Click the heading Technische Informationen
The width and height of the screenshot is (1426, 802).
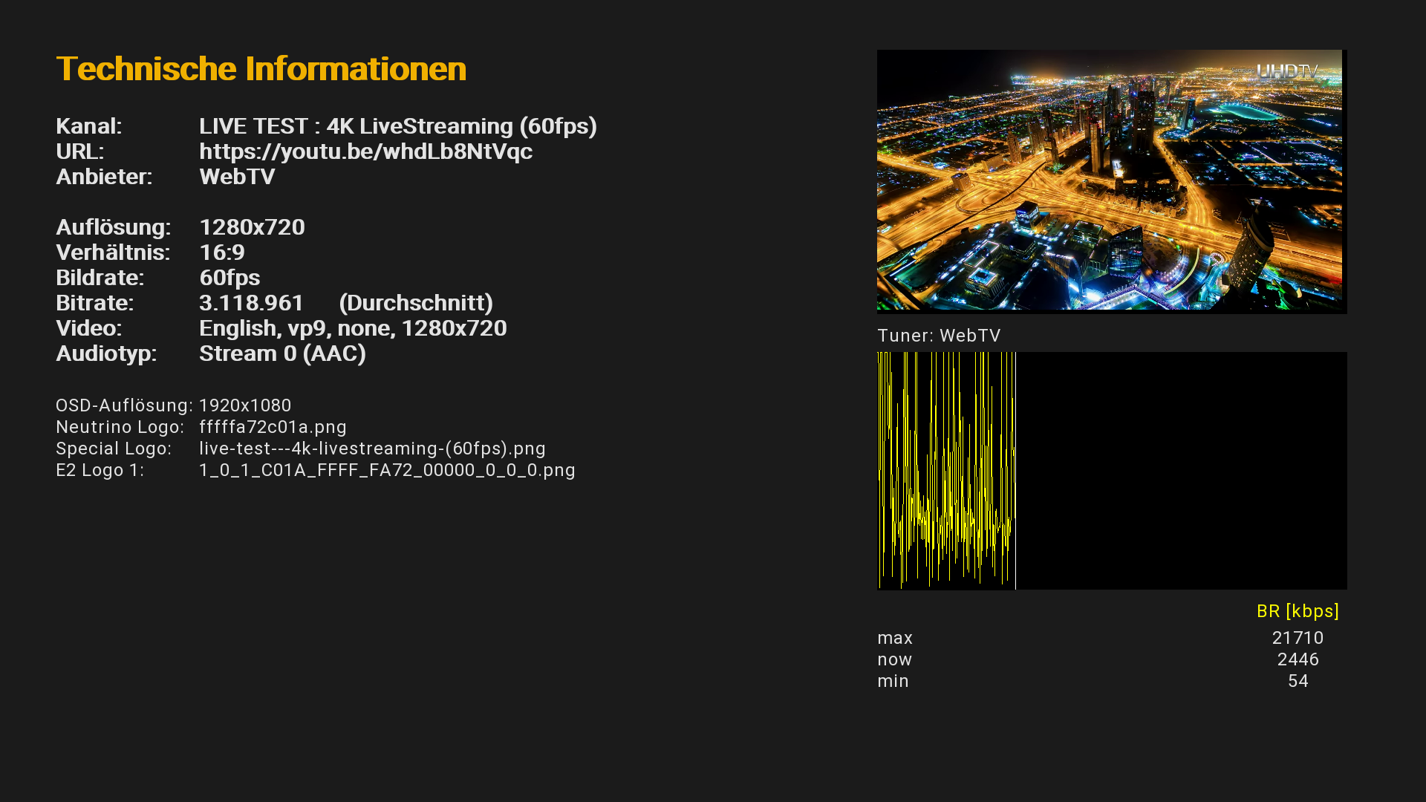(261, 69)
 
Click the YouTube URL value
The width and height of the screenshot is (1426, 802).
(365, 151)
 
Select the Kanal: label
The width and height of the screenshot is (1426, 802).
(88, 126)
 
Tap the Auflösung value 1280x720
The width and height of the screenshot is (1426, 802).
(252, 227)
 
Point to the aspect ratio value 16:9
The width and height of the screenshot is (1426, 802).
(222, 252)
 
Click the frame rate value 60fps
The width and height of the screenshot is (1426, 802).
(229, 278)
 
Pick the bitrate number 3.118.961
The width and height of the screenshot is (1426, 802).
(251, 303)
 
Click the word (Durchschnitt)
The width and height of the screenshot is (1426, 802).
(416, 303)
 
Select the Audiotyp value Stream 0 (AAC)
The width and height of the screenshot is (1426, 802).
(282, 353)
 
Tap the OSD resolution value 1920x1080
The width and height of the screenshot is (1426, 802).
(245, 405)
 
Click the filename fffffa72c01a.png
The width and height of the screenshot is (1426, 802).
(273, 427)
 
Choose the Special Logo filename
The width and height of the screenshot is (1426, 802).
(372, 449)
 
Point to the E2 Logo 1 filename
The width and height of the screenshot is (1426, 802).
(387, 470)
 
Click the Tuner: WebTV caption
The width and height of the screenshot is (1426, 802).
(939, 336)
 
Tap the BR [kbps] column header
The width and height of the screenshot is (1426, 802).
(1298, 611)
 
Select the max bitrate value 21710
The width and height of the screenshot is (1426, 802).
(1298, 638)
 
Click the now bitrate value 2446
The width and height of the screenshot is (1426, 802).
(1298, 659)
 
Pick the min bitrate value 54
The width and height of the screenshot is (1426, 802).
(1298, 681)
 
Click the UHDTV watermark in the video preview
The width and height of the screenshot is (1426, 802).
(1286, 71)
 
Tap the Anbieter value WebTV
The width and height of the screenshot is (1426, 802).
(237, 177)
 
